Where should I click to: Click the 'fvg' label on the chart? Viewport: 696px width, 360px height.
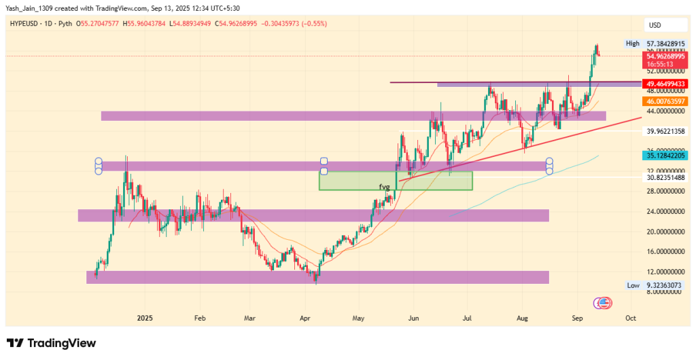click(x=384, y=186)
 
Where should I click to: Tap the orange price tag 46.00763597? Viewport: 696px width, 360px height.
click(x=666, y=101)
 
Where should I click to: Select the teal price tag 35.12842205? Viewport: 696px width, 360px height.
click(x=666, y=156)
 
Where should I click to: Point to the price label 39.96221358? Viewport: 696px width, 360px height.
click(x=666, y=131)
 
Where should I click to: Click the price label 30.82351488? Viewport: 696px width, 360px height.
click(x=666, y=177)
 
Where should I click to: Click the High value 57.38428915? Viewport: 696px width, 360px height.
click(x=666, y=43)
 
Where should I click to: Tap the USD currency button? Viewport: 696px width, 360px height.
click(x=655, y=25)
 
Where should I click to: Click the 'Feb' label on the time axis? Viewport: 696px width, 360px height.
click(x=199, y=317)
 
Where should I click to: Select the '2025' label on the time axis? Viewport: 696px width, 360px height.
click(x=145, y=317)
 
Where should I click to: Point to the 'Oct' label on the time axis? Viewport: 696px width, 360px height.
click(x=630, y=317)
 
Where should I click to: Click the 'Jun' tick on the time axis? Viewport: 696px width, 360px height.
click(x=413, y=317)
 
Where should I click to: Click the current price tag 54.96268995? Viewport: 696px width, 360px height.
click(x=666, y=56)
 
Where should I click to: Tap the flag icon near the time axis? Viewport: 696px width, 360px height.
click(x=602, y=302)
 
